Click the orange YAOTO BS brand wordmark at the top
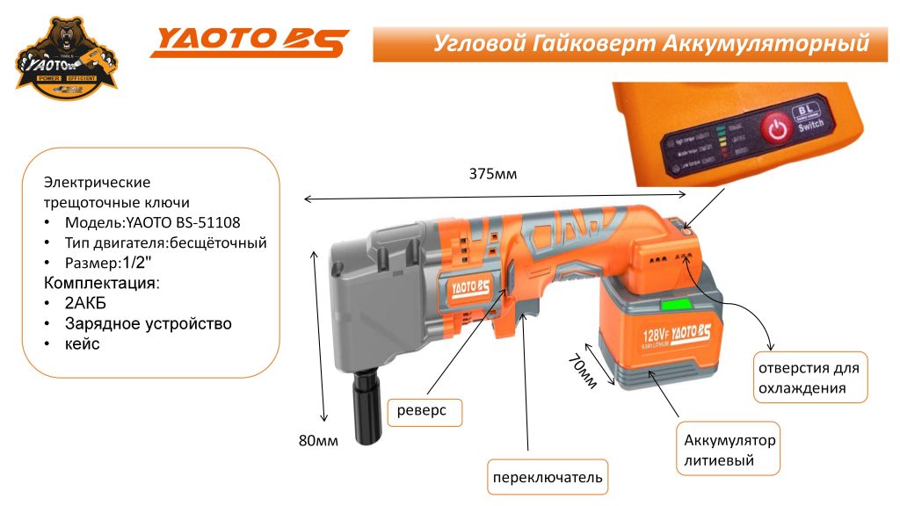[250, 41]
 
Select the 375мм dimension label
[493, 174]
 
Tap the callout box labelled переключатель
[548, 477]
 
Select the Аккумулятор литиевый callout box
[729, 450]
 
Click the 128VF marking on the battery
[657, 334]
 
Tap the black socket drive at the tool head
[364, 408]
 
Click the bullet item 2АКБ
[85, 303]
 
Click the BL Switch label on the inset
[809, 119]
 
